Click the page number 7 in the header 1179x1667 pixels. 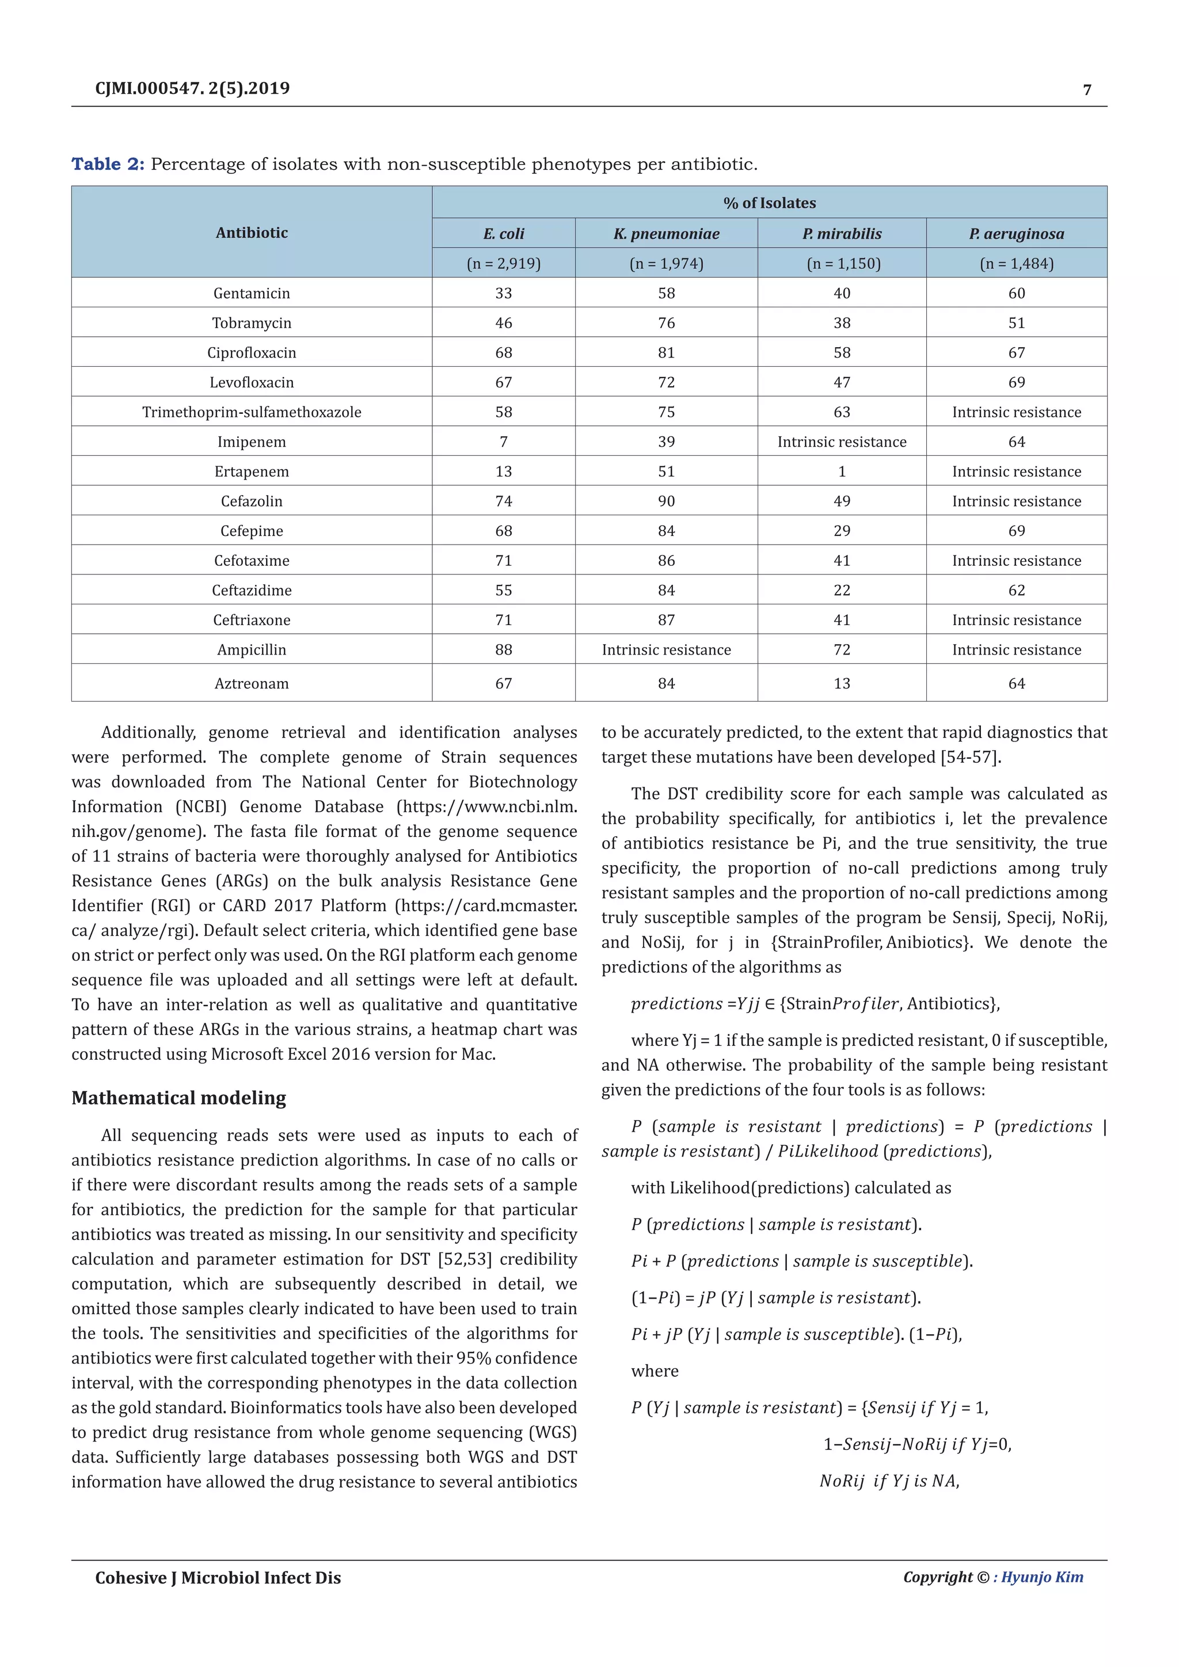tap(1087, 90)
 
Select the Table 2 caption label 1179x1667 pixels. tap(108, 164)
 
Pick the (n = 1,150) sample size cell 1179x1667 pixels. tap(843, 264)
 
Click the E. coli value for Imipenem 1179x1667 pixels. tap(503, 442)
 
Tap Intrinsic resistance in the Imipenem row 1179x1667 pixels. tap(842, 442)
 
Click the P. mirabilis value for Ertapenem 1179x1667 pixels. tap(842, 472)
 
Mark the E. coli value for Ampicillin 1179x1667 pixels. tap(503, 650)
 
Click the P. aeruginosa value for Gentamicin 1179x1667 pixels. tap(1017, 294)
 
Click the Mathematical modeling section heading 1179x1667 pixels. tap(178, 1098)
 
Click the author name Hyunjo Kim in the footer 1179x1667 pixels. tap(1042, 1577)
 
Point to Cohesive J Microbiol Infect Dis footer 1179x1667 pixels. tap(218, 1578)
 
